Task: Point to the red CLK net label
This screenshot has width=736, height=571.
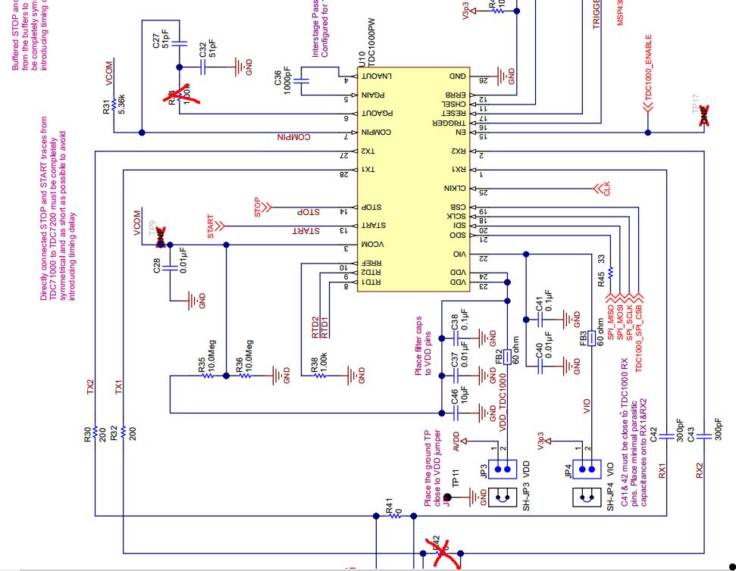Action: (606, 189)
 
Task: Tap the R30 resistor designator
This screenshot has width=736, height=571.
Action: (89, 433)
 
